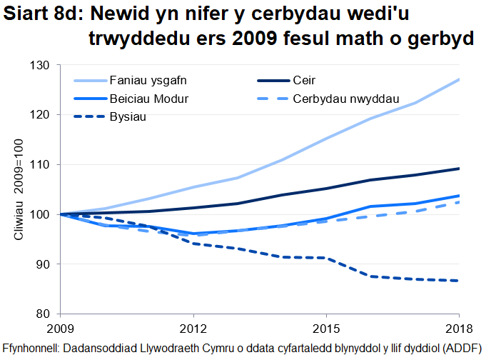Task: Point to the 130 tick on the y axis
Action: pos(41,65)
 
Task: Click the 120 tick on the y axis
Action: pos(41,114)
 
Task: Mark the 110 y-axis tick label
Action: pos(41,164)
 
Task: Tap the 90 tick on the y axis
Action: pos(44,264)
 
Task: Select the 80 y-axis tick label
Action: pos(44,314)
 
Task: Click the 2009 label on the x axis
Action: pos(60,329)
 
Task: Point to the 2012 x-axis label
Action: pos(193,329)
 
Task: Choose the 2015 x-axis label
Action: pos(325,329)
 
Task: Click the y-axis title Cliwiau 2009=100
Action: pos(21,189)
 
